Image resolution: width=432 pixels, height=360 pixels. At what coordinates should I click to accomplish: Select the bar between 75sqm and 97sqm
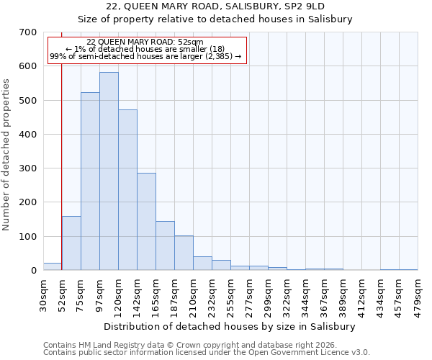coord(90,181)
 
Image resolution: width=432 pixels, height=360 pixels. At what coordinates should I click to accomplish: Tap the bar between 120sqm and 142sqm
coord(127,190)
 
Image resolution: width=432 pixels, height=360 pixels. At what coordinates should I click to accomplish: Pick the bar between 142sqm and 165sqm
coord(146,222)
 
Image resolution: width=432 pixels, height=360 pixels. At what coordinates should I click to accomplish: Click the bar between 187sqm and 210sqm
coord(184,253)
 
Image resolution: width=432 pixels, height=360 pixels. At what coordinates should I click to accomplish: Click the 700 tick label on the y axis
coord(28,32)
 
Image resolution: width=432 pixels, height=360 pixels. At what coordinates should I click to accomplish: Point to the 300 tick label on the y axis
coord(28,168)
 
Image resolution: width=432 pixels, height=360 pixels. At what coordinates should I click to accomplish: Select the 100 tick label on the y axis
coord(28,237)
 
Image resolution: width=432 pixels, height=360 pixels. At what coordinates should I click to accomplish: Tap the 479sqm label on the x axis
coord(418,294)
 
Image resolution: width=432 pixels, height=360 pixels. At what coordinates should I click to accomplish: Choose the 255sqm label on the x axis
coord(231,294)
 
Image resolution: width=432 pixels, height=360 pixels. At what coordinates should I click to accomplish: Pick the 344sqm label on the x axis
coord(306,294)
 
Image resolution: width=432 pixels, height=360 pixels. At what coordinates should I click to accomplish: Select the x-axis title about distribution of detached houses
coord(230,326)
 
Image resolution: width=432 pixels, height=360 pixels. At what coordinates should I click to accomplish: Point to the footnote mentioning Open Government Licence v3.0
coord(207,352)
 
